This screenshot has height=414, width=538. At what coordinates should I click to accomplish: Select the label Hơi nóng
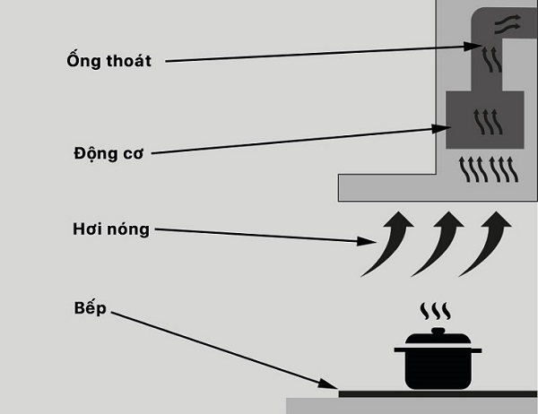[x=110, y=229]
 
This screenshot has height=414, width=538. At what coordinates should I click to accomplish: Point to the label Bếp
[x=91, y=308]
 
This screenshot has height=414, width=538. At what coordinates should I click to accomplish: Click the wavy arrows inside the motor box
[x=486, y=121]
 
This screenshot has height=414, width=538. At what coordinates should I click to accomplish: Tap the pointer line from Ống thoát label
[x=314, y=54]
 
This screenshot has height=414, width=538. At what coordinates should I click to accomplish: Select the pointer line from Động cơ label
[x=296, y=141]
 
